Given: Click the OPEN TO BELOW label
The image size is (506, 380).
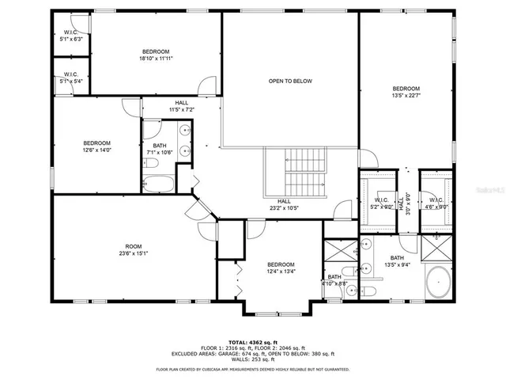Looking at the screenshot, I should (x=290, y=81).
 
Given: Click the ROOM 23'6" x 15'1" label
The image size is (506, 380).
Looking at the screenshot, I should (x=132, y=249).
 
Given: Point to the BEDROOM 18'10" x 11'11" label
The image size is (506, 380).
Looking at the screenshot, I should (x=155, y=55).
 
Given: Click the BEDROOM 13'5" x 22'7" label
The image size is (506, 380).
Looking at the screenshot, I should (x=406, y=92).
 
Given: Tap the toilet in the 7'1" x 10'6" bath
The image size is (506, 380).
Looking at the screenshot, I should (x=153, y=163).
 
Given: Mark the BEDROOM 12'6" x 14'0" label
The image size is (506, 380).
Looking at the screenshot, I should (x=96, y=146).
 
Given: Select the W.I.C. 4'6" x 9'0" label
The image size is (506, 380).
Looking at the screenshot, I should (x=436, y=203).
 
